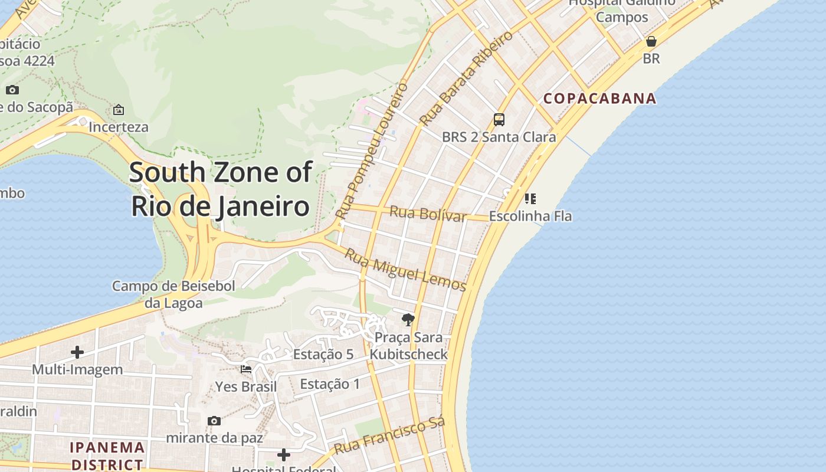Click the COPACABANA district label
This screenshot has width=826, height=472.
coord(599,99)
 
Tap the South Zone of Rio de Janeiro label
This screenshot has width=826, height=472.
coord(220,189)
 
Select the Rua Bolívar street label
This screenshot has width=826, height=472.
coord(428,214)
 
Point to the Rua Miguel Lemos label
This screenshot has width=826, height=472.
coord(405,270)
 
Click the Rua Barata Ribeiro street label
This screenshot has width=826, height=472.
coord(466,78)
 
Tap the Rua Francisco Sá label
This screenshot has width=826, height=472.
coord(389,436)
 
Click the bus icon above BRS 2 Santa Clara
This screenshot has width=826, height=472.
coord(499,120)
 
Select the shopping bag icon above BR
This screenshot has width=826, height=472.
coord(651,41)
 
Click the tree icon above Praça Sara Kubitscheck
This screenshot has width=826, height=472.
coord(408,320)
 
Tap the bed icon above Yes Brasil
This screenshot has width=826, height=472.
coord(246,369)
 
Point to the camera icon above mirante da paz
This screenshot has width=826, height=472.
coord(214,421)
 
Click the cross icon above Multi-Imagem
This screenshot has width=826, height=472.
coord(77,352)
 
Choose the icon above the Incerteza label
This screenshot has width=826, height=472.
coord(119,110)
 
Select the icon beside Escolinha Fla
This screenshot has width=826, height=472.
coord(530,199)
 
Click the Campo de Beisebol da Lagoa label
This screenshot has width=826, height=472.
coord(173,294)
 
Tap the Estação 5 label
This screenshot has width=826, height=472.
coord(323,355)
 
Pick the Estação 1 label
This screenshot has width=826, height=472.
coord(330,384)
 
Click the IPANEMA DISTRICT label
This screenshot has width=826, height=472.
coord(107,455)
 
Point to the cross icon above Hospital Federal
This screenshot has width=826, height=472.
coord(284,454)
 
